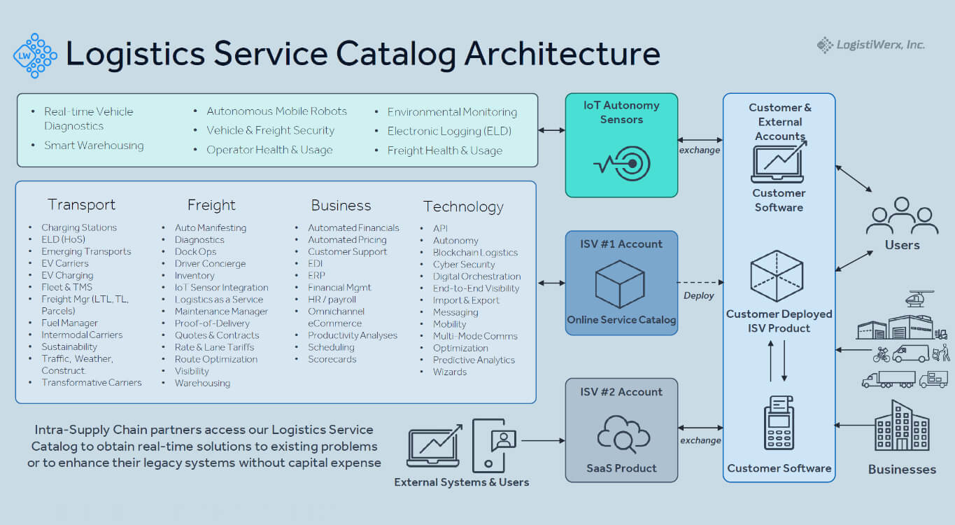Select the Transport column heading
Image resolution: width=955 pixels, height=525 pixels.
click(81, 205)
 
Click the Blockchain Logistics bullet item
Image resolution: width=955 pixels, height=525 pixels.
click(475, 253)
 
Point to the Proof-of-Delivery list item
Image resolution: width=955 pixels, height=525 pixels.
click(212, 323)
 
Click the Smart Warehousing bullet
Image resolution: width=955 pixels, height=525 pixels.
click(94, 146)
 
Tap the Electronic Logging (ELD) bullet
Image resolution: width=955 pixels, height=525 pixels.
click(449, 131)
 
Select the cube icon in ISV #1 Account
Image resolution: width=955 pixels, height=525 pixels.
click(620, 284)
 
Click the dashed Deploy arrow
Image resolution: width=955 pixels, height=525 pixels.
click(700, 282)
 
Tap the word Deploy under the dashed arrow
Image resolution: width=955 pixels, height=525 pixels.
click(698, 295)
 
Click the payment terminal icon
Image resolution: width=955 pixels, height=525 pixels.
click(779, 423)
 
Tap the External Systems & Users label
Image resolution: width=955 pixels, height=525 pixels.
click(461, 482)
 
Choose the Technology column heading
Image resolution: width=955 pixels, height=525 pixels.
click(463, 206)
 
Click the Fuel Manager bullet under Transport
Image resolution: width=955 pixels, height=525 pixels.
click(69, 323)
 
